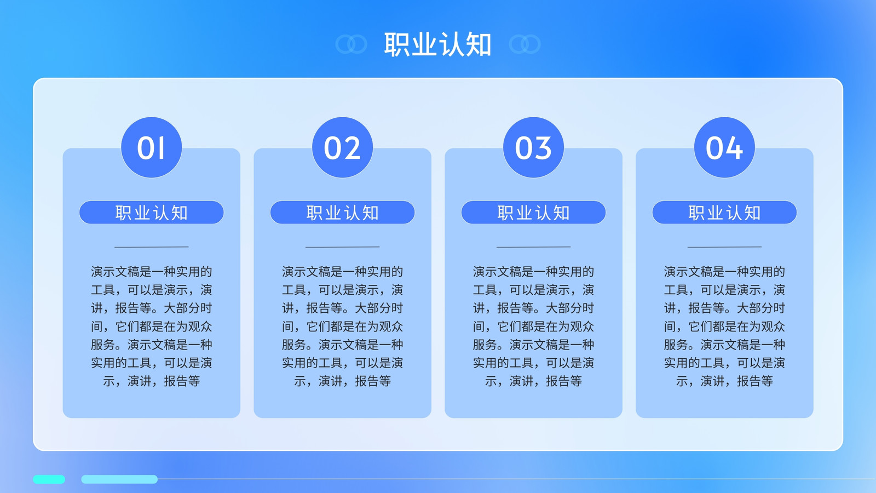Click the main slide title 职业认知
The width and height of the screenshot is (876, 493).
[437, 44]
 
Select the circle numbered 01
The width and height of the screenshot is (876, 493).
[151, 147]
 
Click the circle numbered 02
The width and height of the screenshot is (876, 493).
[342, 147]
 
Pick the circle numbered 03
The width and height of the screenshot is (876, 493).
[533, 147]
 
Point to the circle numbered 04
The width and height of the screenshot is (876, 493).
[724, 147]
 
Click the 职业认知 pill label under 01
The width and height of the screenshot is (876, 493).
[151, 213]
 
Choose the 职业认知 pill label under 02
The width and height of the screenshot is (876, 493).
[342, 213]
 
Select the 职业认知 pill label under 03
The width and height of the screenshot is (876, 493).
[533, 213]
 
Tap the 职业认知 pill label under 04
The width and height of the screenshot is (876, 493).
[724, 213]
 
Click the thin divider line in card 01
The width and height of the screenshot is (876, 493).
[151, 247]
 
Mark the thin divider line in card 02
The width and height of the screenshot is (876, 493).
[342, 247]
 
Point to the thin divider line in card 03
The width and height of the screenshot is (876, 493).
[533, 247]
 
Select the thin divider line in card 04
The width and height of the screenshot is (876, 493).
[724, 247]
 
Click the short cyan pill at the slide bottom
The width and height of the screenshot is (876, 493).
[49, 479]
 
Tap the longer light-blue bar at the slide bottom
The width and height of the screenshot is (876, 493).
[119, 479]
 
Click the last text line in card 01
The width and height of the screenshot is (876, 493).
[151, 381]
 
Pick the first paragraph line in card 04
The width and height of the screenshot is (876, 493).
[724, 272]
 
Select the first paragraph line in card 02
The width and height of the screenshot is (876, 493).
[342, 272]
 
